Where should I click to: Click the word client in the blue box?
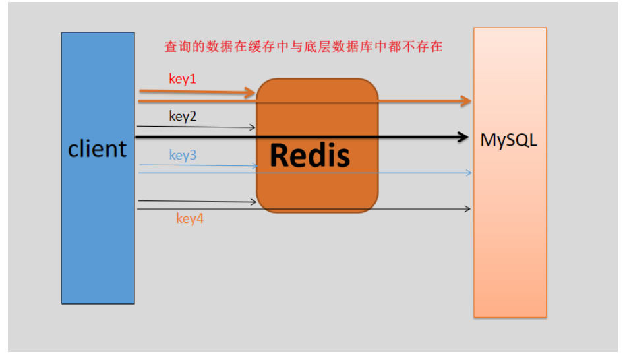pyautogui.click(x=98, y=149)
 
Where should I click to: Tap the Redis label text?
pyautogui.click(x=310, y=155)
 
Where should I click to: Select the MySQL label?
pyautogui.click(x=508, y=140)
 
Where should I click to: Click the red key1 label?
pyautogui.click(x=183, y=79)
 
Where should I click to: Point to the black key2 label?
pyautogui.click(x=183, y=117)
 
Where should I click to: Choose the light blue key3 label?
pyautogui.click(x=183, y=155)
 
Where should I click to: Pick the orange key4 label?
pyautogui.click(x=190, y=218)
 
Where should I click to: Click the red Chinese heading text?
pyautogui.click(x=303, y=47)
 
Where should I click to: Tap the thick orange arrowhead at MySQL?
pyautogui.click(x=466, y=101)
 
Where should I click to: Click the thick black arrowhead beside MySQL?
pyautogui.click(x=463, y=137)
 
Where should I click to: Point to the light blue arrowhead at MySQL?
pyautogui.click(x=469, y=173)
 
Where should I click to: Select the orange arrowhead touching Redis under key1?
pyautogui.click(x=250, y=93)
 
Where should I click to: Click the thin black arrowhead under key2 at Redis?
pyautogui.click(x=253, y=127)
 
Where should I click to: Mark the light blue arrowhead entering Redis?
pyautogui.click(x=255, y=165)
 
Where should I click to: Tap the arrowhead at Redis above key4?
pyautogui.click(x=254, y=202)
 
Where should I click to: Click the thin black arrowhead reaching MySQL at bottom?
pyautogui.click(x=467, y=208)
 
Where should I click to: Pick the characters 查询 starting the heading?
pyautogui.click(x=178, y=47)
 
